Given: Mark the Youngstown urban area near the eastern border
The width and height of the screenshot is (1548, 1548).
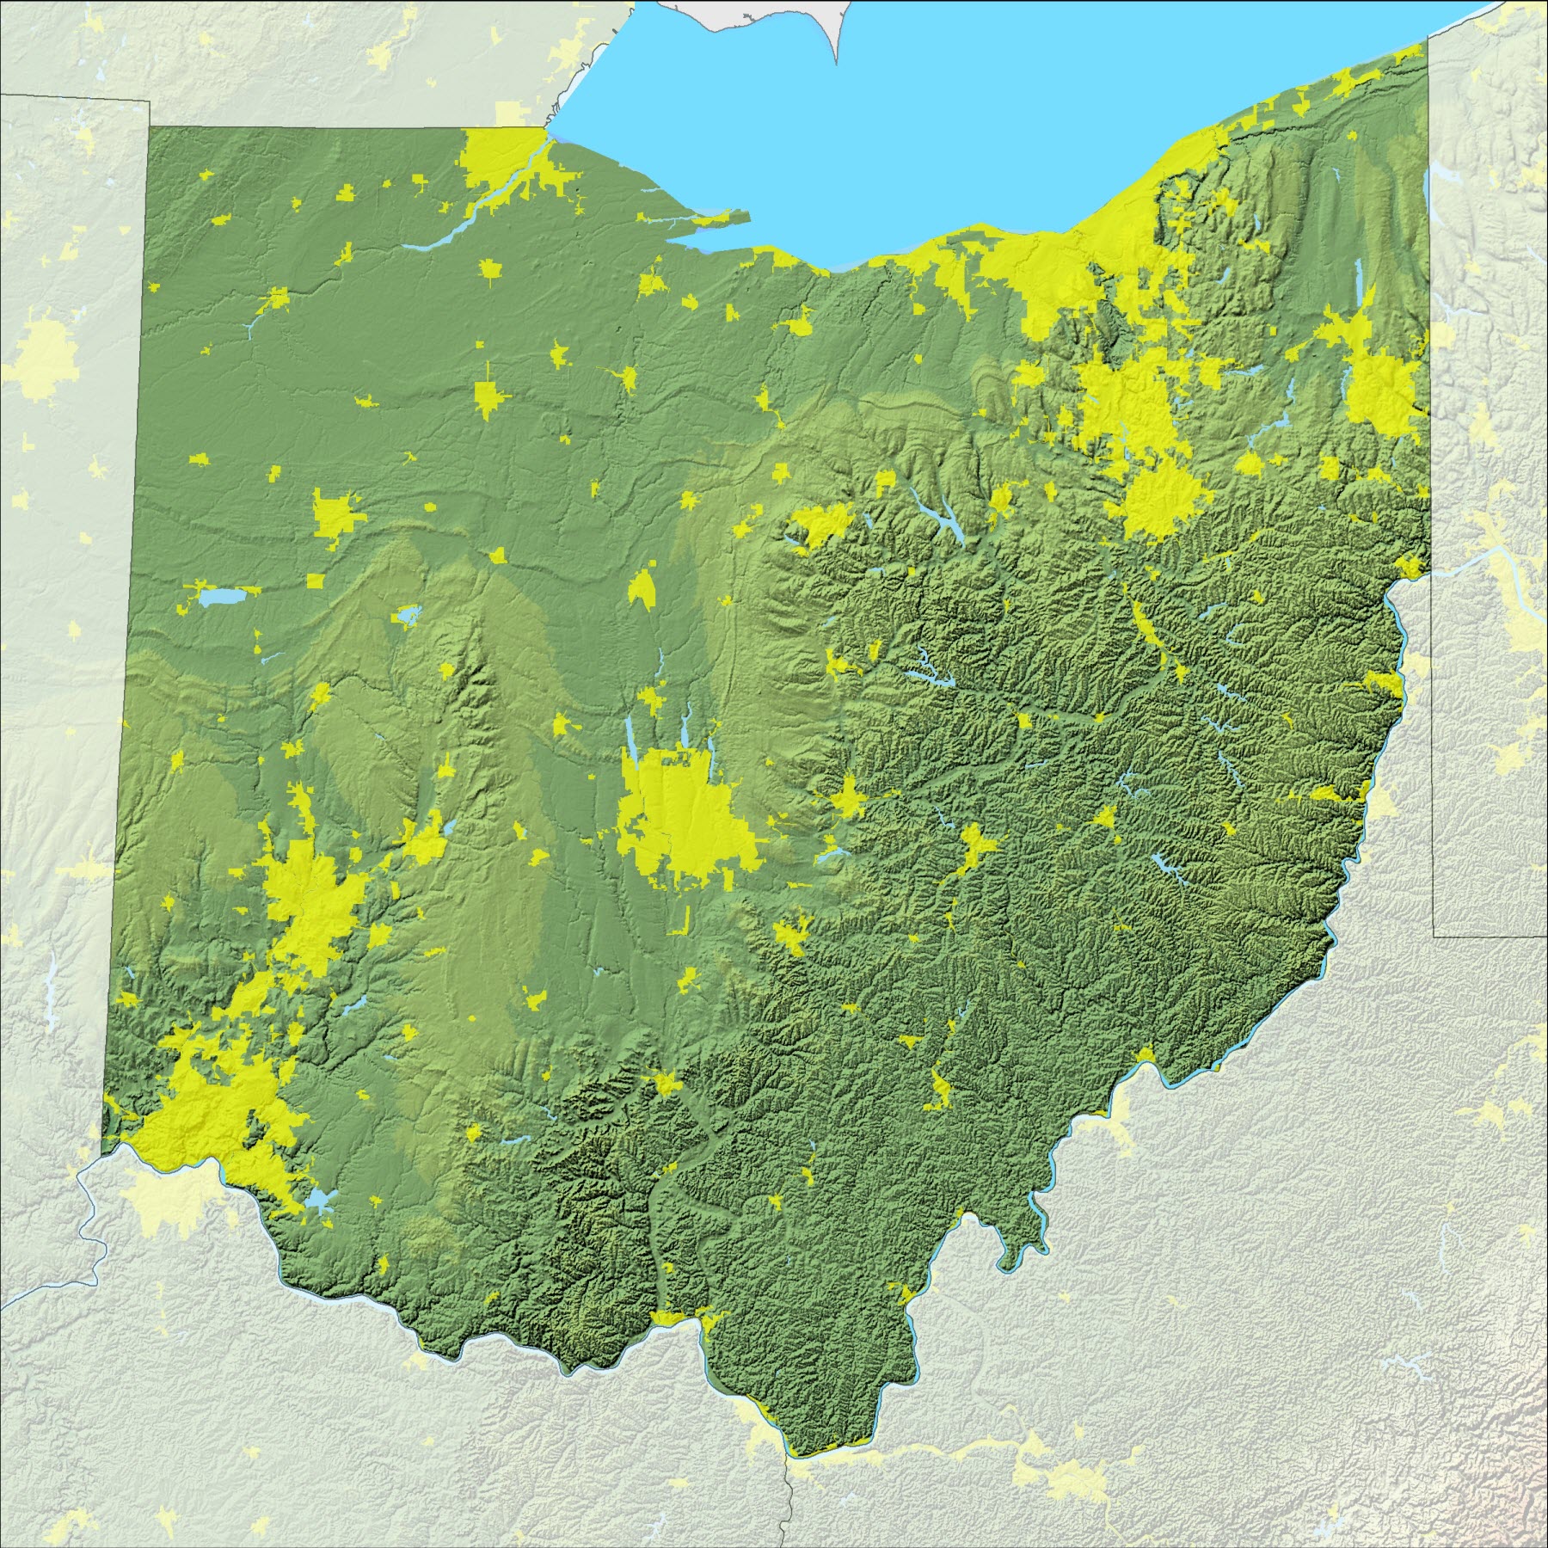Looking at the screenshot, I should (x=1380, y=387).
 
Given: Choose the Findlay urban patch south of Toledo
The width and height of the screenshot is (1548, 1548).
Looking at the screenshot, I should (x=488, y=397).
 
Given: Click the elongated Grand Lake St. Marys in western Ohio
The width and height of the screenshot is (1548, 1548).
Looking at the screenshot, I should (x=219, y=596).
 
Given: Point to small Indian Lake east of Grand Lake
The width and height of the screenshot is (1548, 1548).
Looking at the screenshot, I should (x=404, y=616).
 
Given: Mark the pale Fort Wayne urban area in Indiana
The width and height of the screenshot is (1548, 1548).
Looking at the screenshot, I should (x=43, y=353).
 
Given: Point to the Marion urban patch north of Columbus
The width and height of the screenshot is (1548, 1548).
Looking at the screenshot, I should (x=641, y=589).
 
